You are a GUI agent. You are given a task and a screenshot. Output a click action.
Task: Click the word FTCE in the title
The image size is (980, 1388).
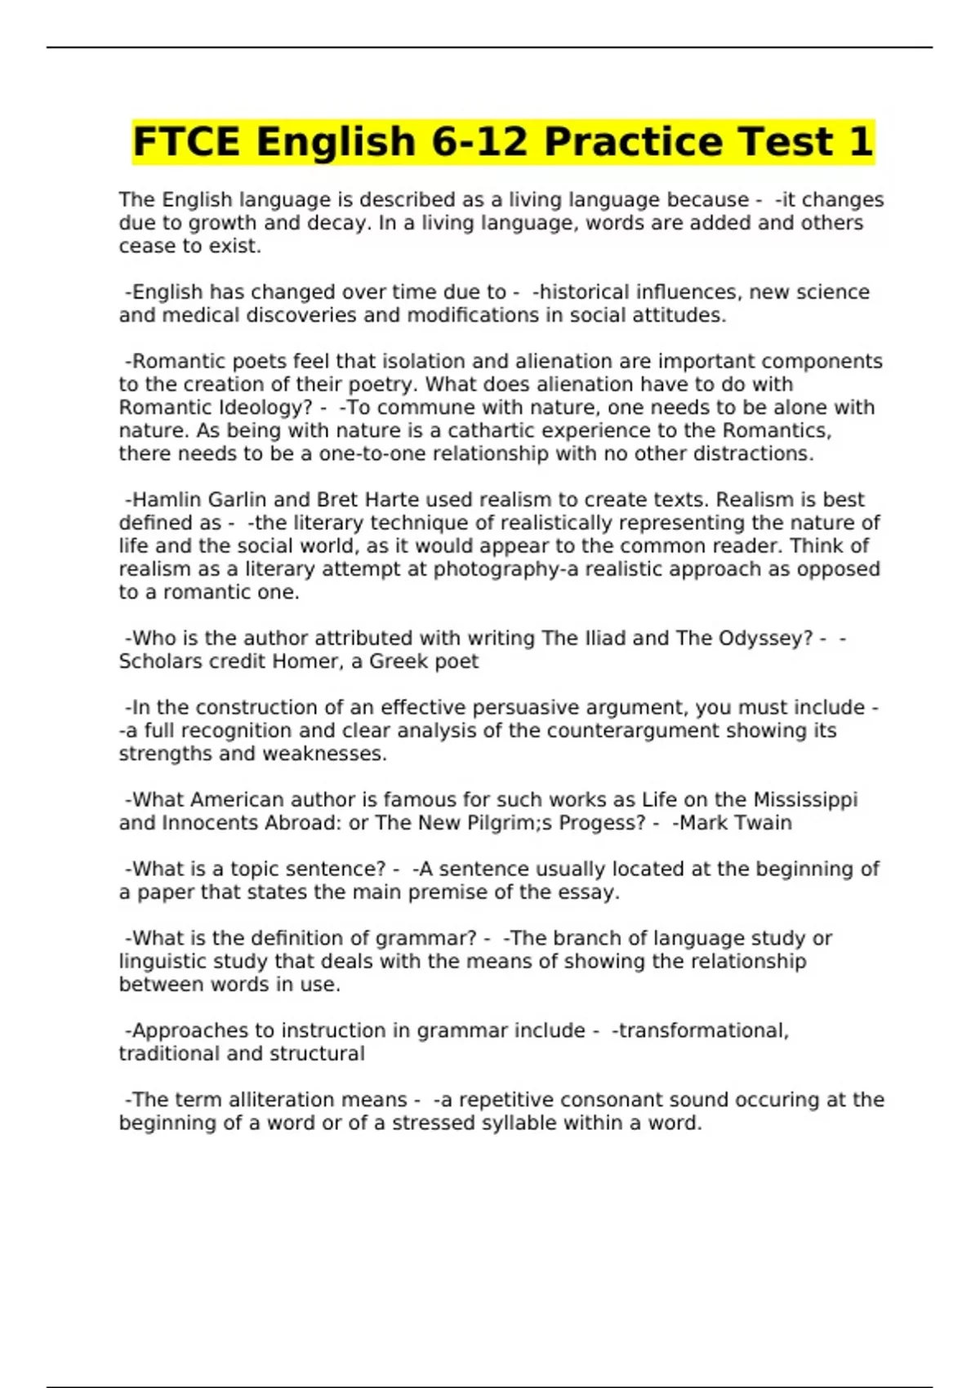click(x=187, y=142)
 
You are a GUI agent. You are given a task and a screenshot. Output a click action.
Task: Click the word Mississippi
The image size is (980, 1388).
click(x=804, y=800)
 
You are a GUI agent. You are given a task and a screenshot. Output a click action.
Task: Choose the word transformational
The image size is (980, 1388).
click(x=702, y=1030)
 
